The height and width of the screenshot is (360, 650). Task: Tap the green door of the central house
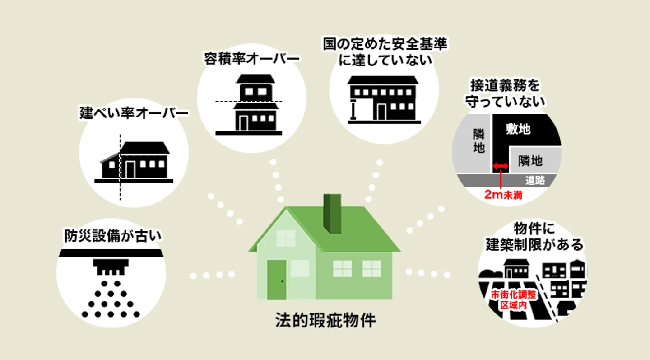(x=276, y=279)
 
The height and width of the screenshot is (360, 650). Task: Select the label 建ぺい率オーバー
(x=134, y=112)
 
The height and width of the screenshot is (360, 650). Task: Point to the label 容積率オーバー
(x=252, y=59)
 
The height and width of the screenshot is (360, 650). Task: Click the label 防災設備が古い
(x=112, y=236)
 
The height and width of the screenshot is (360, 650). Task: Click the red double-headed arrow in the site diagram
(x=500, y=167)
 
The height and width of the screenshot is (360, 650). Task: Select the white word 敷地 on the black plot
(x=518, y=130)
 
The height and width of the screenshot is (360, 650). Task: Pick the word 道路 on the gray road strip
(x=535, y=181)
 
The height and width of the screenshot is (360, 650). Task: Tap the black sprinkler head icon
(x=111, y=266)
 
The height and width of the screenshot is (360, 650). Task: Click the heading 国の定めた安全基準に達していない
(x=385, y=52)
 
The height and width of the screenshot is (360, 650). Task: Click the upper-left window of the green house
(x=286, y=238)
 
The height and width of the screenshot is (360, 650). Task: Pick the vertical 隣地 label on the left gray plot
(x=478, y=141)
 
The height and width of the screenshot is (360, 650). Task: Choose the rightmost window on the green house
(x=371, y=268)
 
